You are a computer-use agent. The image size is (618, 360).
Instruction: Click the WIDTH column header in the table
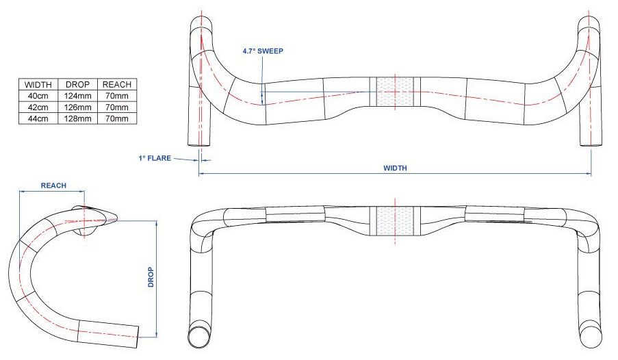pos(38,84)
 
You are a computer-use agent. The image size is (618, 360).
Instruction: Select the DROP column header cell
pos(77,84)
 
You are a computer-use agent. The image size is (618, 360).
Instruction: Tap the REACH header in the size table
pos(117,84)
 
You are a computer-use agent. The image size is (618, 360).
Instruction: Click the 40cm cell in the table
pos(38,96)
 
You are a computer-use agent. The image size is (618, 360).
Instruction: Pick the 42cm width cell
pos(38,107)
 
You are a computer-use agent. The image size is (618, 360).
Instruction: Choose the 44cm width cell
pos(38,118)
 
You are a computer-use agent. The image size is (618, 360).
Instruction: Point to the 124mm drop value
pos(77,96)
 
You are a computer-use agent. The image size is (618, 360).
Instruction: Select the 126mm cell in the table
pos(77,107)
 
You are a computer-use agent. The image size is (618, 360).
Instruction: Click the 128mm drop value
pos(77,118)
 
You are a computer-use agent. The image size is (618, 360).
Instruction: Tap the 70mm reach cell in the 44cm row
pos(117,118)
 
